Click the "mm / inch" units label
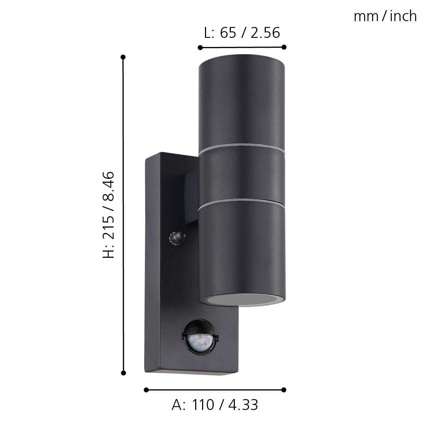(385, 16)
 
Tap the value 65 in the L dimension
(228, 33)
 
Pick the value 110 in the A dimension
(203, 405)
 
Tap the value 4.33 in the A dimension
(244, 405)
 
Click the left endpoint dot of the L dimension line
(200, 47)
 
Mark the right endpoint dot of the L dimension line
(284, 47)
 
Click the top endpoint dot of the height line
(123, 57)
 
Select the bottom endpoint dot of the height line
(123, 373)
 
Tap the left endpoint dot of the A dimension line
(146, 390)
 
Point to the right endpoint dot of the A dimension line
(284, 390)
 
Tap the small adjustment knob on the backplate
(177, 238)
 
